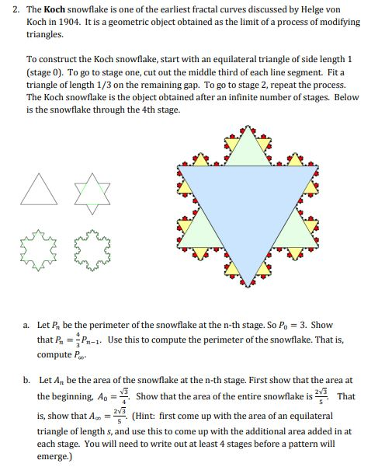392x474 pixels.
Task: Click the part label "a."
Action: coord(26,325)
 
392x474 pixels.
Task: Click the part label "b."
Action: coord(26,380)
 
